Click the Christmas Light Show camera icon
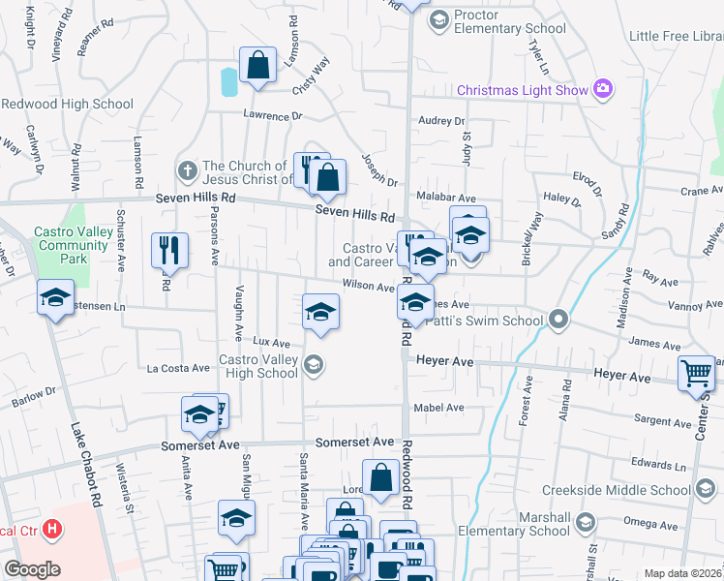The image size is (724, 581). click(604, 89)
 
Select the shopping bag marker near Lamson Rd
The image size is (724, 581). click(258, 68)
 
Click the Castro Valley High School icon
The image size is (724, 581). click(312, 365)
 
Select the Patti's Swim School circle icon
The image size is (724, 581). click(558, 319)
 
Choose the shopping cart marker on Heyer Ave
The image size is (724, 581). click(696, 374)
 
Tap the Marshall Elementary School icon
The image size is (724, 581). click(585, 523)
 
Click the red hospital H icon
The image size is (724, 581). click(53, 531)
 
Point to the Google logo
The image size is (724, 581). click(32, 569)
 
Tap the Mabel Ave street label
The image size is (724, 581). click(439, 408)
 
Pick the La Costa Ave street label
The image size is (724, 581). click(178, 368)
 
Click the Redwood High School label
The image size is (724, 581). click(67, 104)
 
